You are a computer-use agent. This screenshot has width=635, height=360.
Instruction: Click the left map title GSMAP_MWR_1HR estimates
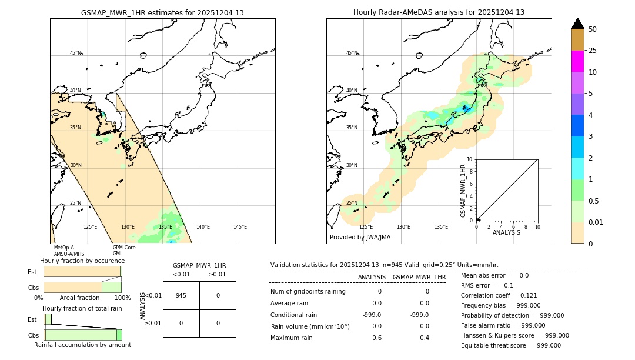[x=162, y=12]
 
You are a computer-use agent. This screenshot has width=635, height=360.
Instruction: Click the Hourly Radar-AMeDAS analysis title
[x=439, y=12]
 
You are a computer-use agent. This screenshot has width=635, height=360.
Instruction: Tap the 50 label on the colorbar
[x=593, y=29]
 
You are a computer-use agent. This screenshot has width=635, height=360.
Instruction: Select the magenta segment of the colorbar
[x=578, y=61]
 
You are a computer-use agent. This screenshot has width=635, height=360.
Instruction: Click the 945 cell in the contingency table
[x=181, y=295]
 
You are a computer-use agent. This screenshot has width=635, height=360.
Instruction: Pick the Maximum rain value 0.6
[x=376, y=338]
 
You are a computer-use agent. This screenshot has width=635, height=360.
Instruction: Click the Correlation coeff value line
[x=499, y=295]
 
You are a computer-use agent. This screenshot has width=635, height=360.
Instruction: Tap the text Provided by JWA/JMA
[x=360, y=237]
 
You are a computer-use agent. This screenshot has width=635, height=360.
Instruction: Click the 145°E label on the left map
[x=240, y=227]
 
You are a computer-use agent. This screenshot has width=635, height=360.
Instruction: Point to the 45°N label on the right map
[x=352, y=53]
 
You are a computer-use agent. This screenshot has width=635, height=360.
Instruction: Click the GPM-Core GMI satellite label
[x=124, y=251]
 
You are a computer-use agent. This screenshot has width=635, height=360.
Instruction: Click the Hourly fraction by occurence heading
[x=82, y=261]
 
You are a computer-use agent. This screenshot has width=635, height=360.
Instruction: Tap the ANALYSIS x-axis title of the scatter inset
[x=506, y=232]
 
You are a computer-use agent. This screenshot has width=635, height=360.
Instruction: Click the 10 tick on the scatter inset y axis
[x=470, y=159]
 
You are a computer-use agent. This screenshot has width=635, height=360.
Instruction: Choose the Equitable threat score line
[x=510, y=345]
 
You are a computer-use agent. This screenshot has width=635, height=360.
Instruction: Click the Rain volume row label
[x=310, y=326]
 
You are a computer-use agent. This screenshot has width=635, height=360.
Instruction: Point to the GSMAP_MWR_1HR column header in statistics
[x=419, y=277]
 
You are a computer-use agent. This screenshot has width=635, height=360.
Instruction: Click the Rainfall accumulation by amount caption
[x=82, y=345]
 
